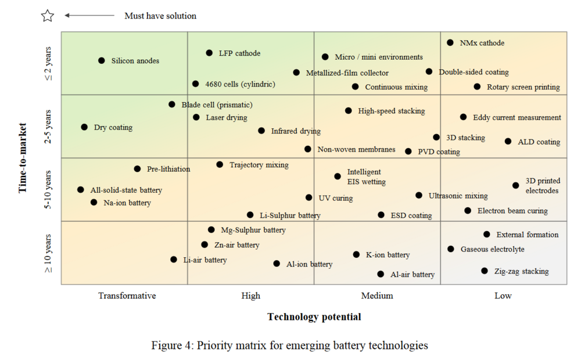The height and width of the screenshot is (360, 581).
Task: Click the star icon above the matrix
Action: tap(48, 16)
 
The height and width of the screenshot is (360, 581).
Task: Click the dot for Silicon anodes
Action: tap(102, 60)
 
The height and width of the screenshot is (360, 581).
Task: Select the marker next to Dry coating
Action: tap(84, 127)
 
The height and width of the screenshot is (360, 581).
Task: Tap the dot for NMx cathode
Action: tap(450, 42)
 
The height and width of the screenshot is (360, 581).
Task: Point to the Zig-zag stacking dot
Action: tap(485, 271)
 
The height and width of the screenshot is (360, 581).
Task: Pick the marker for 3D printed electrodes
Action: tap(516, 185)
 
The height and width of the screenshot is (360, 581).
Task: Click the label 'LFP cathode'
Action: tap(239, 53)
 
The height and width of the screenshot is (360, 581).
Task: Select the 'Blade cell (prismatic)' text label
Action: tap(217, 105)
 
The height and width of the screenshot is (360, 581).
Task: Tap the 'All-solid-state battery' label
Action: tap(126, 190)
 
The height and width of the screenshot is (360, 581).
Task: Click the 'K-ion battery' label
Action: tap(388, 255)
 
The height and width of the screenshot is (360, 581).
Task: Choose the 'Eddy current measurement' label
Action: tap(517, 117)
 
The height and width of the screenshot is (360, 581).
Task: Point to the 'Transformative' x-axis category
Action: tap(127, 296)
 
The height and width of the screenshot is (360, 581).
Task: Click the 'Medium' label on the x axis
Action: tap(377, 296)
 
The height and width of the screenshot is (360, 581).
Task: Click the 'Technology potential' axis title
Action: tap(314, 317)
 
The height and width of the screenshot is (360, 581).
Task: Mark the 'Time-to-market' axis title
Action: tap(23, 157)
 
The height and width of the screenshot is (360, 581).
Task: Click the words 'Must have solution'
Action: tap(160, 16)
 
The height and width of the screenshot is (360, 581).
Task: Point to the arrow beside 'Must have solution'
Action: tap(89, 16)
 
